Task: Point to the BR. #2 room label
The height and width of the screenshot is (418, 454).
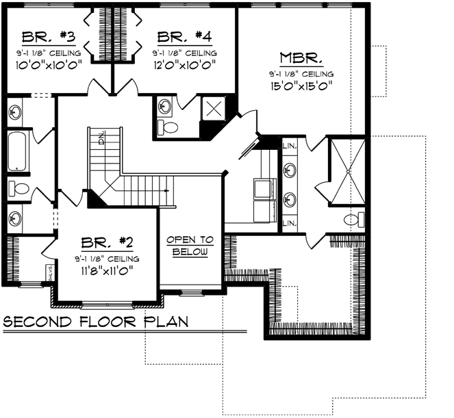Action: pos(107,244)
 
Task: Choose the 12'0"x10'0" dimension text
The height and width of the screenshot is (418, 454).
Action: pos(184,65)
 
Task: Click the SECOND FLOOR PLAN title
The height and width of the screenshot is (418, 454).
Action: pos(96,322)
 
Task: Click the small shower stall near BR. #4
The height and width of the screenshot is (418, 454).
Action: pos(214,108)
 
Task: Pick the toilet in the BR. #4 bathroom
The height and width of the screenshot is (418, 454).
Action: pos(166,126)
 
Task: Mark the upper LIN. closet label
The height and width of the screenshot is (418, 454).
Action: pos(289,145)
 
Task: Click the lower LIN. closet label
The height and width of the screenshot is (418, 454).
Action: pos(289,224)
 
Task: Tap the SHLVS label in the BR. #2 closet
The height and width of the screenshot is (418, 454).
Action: pos(51,272)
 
